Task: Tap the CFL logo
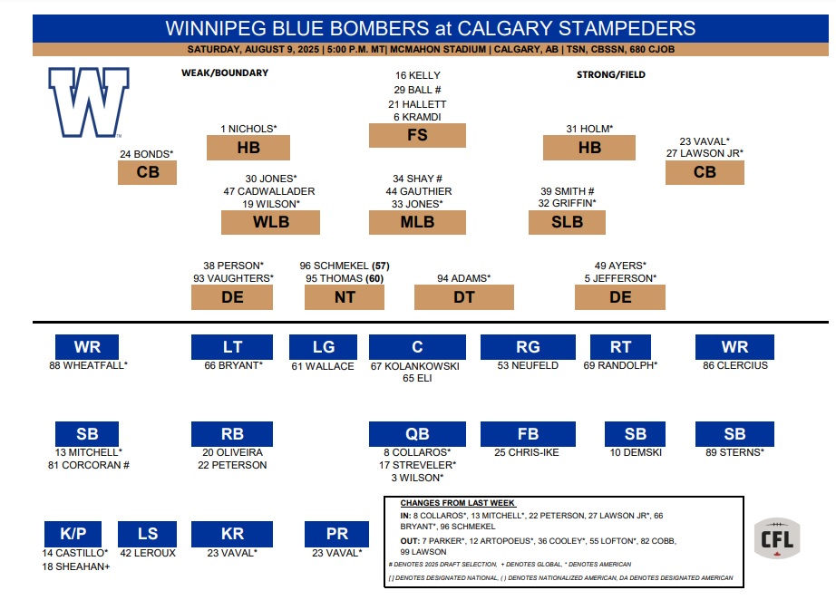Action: coord(777,538)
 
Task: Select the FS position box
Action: coord(417,135)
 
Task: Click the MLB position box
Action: coord(417,222)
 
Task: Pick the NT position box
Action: coord(345,297)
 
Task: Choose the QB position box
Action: coord(417,434)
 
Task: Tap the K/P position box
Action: coord(73,534)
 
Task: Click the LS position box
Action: coord(147,534)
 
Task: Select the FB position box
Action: coord(528,434)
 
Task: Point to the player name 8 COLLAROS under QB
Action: coord(417,452)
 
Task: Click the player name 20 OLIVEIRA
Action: coord(232,452)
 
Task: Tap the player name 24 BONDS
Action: coord(147,154)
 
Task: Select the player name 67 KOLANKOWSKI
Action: coord(414,366)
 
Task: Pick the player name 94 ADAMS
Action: coord(464,278)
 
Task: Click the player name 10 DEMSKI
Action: coord(636,452)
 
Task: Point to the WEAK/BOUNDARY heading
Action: coord(225,73)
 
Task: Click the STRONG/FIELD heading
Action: coord(611,74)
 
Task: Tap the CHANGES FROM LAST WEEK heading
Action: coord(458,503)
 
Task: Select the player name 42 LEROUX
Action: coord(148,553)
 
